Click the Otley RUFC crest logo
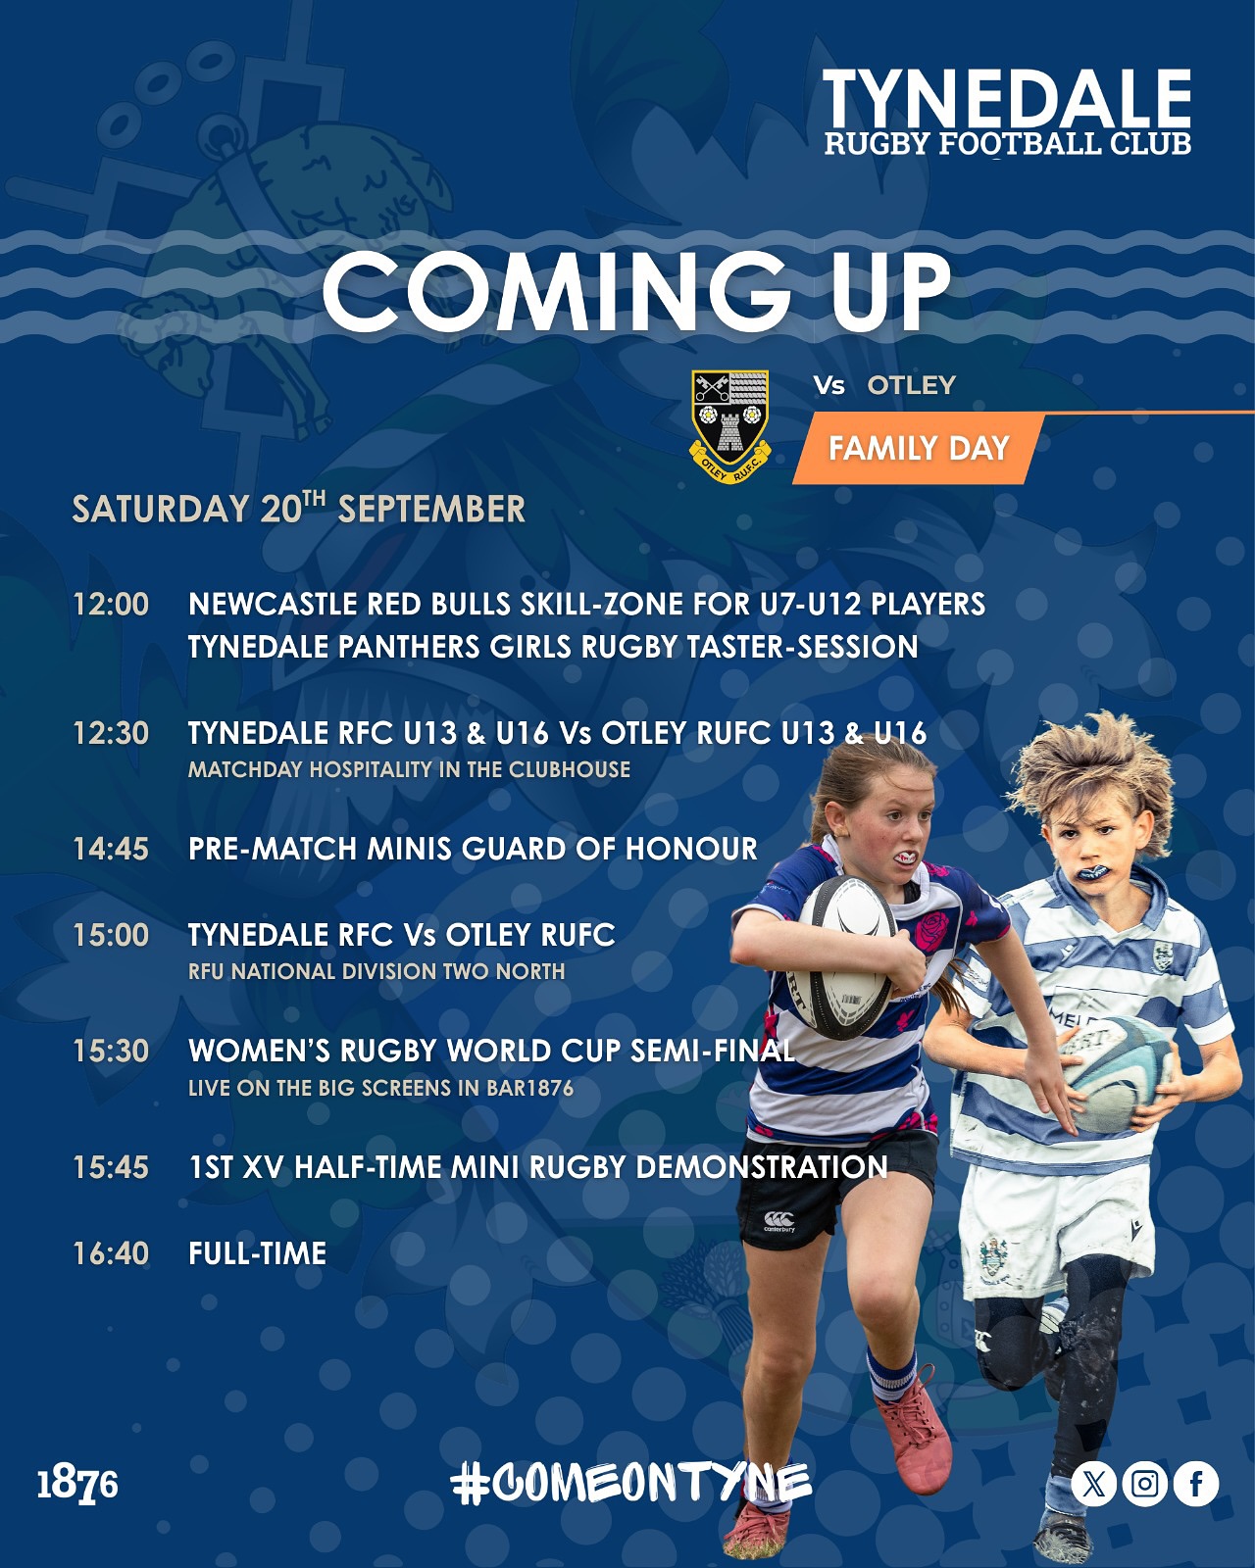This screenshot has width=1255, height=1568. coord(729,426)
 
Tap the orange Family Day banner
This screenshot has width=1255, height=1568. coord(919,448)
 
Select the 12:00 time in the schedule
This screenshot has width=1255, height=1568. coord(111,604)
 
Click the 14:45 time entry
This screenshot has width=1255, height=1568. coord(111,849)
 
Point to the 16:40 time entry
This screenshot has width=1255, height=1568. coord(111,1253)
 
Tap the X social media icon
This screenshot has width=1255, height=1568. coord(1094,1484)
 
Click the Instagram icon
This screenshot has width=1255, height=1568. coord(1145,1484)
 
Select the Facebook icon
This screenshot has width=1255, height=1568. coord(1196,1484)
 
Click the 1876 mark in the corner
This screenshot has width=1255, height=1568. coord(77,1485)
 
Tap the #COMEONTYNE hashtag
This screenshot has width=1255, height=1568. coord(630,1484)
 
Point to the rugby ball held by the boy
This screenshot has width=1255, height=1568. coord(1116,1073)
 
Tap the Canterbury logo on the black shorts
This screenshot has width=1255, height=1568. coord(778,1221)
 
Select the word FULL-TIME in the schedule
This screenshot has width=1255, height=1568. coord(258,1253)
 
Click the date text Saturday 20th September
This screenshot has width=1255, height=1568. coord(298,508)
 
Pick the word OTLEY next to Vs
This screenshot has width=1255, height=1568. coord(912,385)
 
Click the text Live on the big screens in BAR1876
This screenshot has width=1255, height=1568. coord(380,1088)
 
